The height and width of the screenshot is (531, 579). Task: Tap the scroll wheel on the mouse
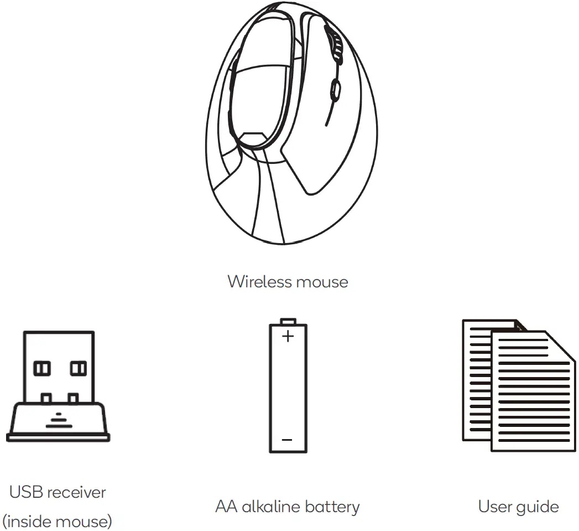pyautogui.click(x=335, y=88)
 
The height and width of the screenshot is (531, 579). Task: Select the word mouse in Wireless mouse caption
pyautogui.click(x=322, y=282)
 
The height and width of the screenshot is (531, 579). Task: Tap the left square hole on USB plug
pyautogui.click(x=43, y=368)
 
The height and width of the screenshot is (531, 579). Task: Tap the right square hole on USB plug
pyautogui.click(x=77, y=368)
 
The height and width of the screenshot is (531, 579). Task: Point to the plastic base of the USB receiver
pyautogui.click(x=58, y=424)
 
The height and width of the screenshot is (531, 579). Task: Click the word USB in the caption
pyautogui.click(x=25, y=492)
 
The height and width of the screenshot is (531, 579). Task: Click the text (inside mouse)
pyautogui.click(x=58, y=521)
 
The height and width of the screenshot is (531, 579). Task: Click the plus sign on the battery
pyautogui.click(x=288, y=336)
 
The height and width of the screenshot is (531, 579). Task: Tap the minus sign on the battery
pyautogui.click(x=287, y=440)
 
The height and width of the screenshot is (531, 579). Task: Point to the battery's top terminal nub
pyautogui.click(x=288, y=321)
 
